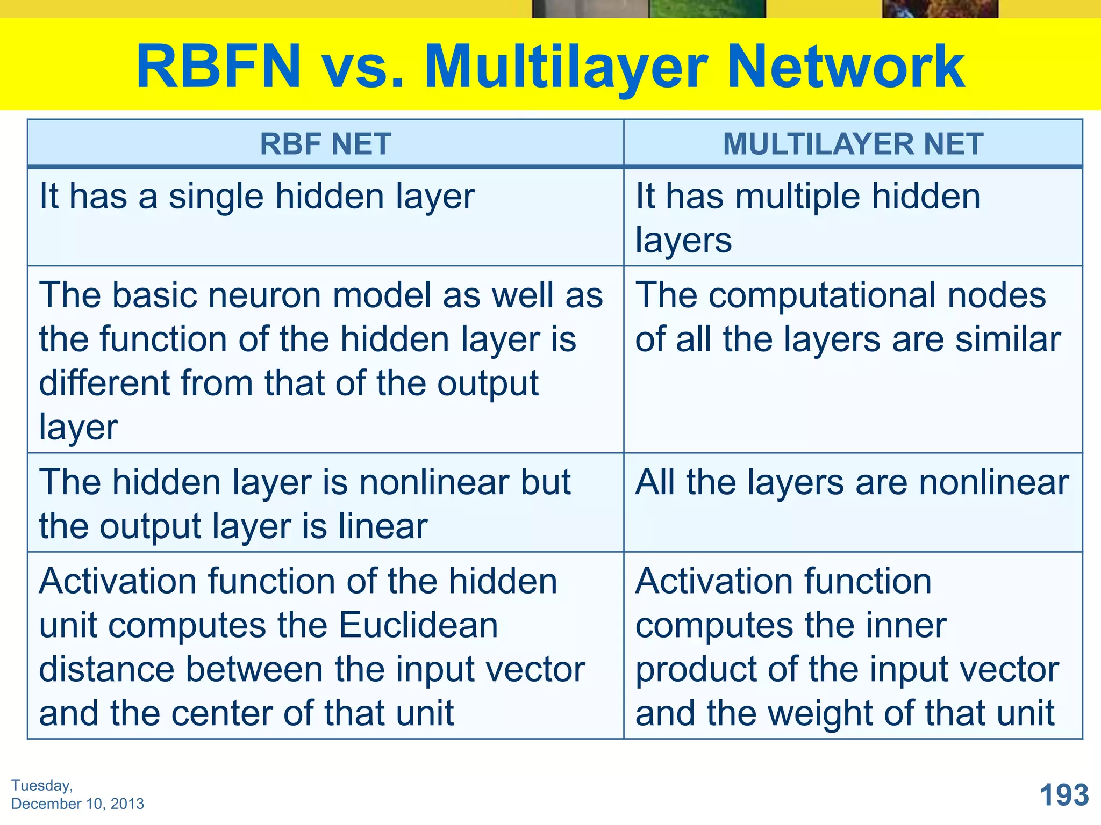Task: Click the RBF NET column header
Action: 325,144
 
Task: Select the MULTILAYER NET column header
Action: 853,144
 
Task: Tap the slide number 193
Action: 1064,795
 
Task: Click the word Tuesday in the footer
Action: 41,785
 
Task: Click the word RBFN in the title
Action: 218,67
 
